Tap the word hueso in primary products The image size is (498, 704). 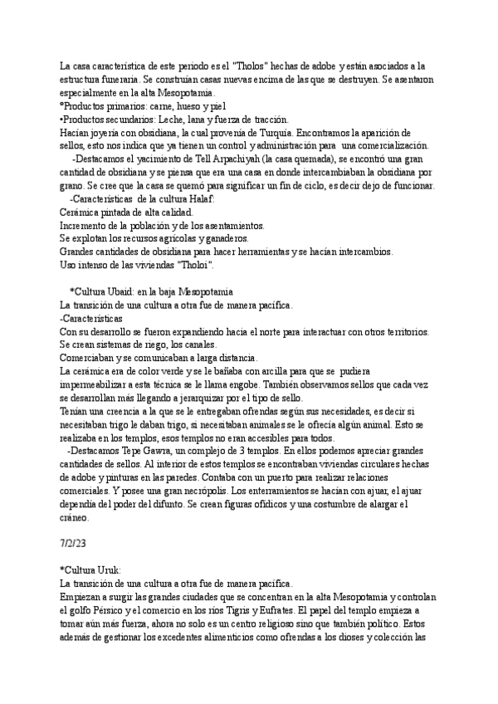click(x=167, y=107)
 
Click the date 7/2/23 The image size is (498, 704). click(x=74, y=543)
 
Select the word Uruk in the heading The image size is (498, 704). click(x=108, y=570)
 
